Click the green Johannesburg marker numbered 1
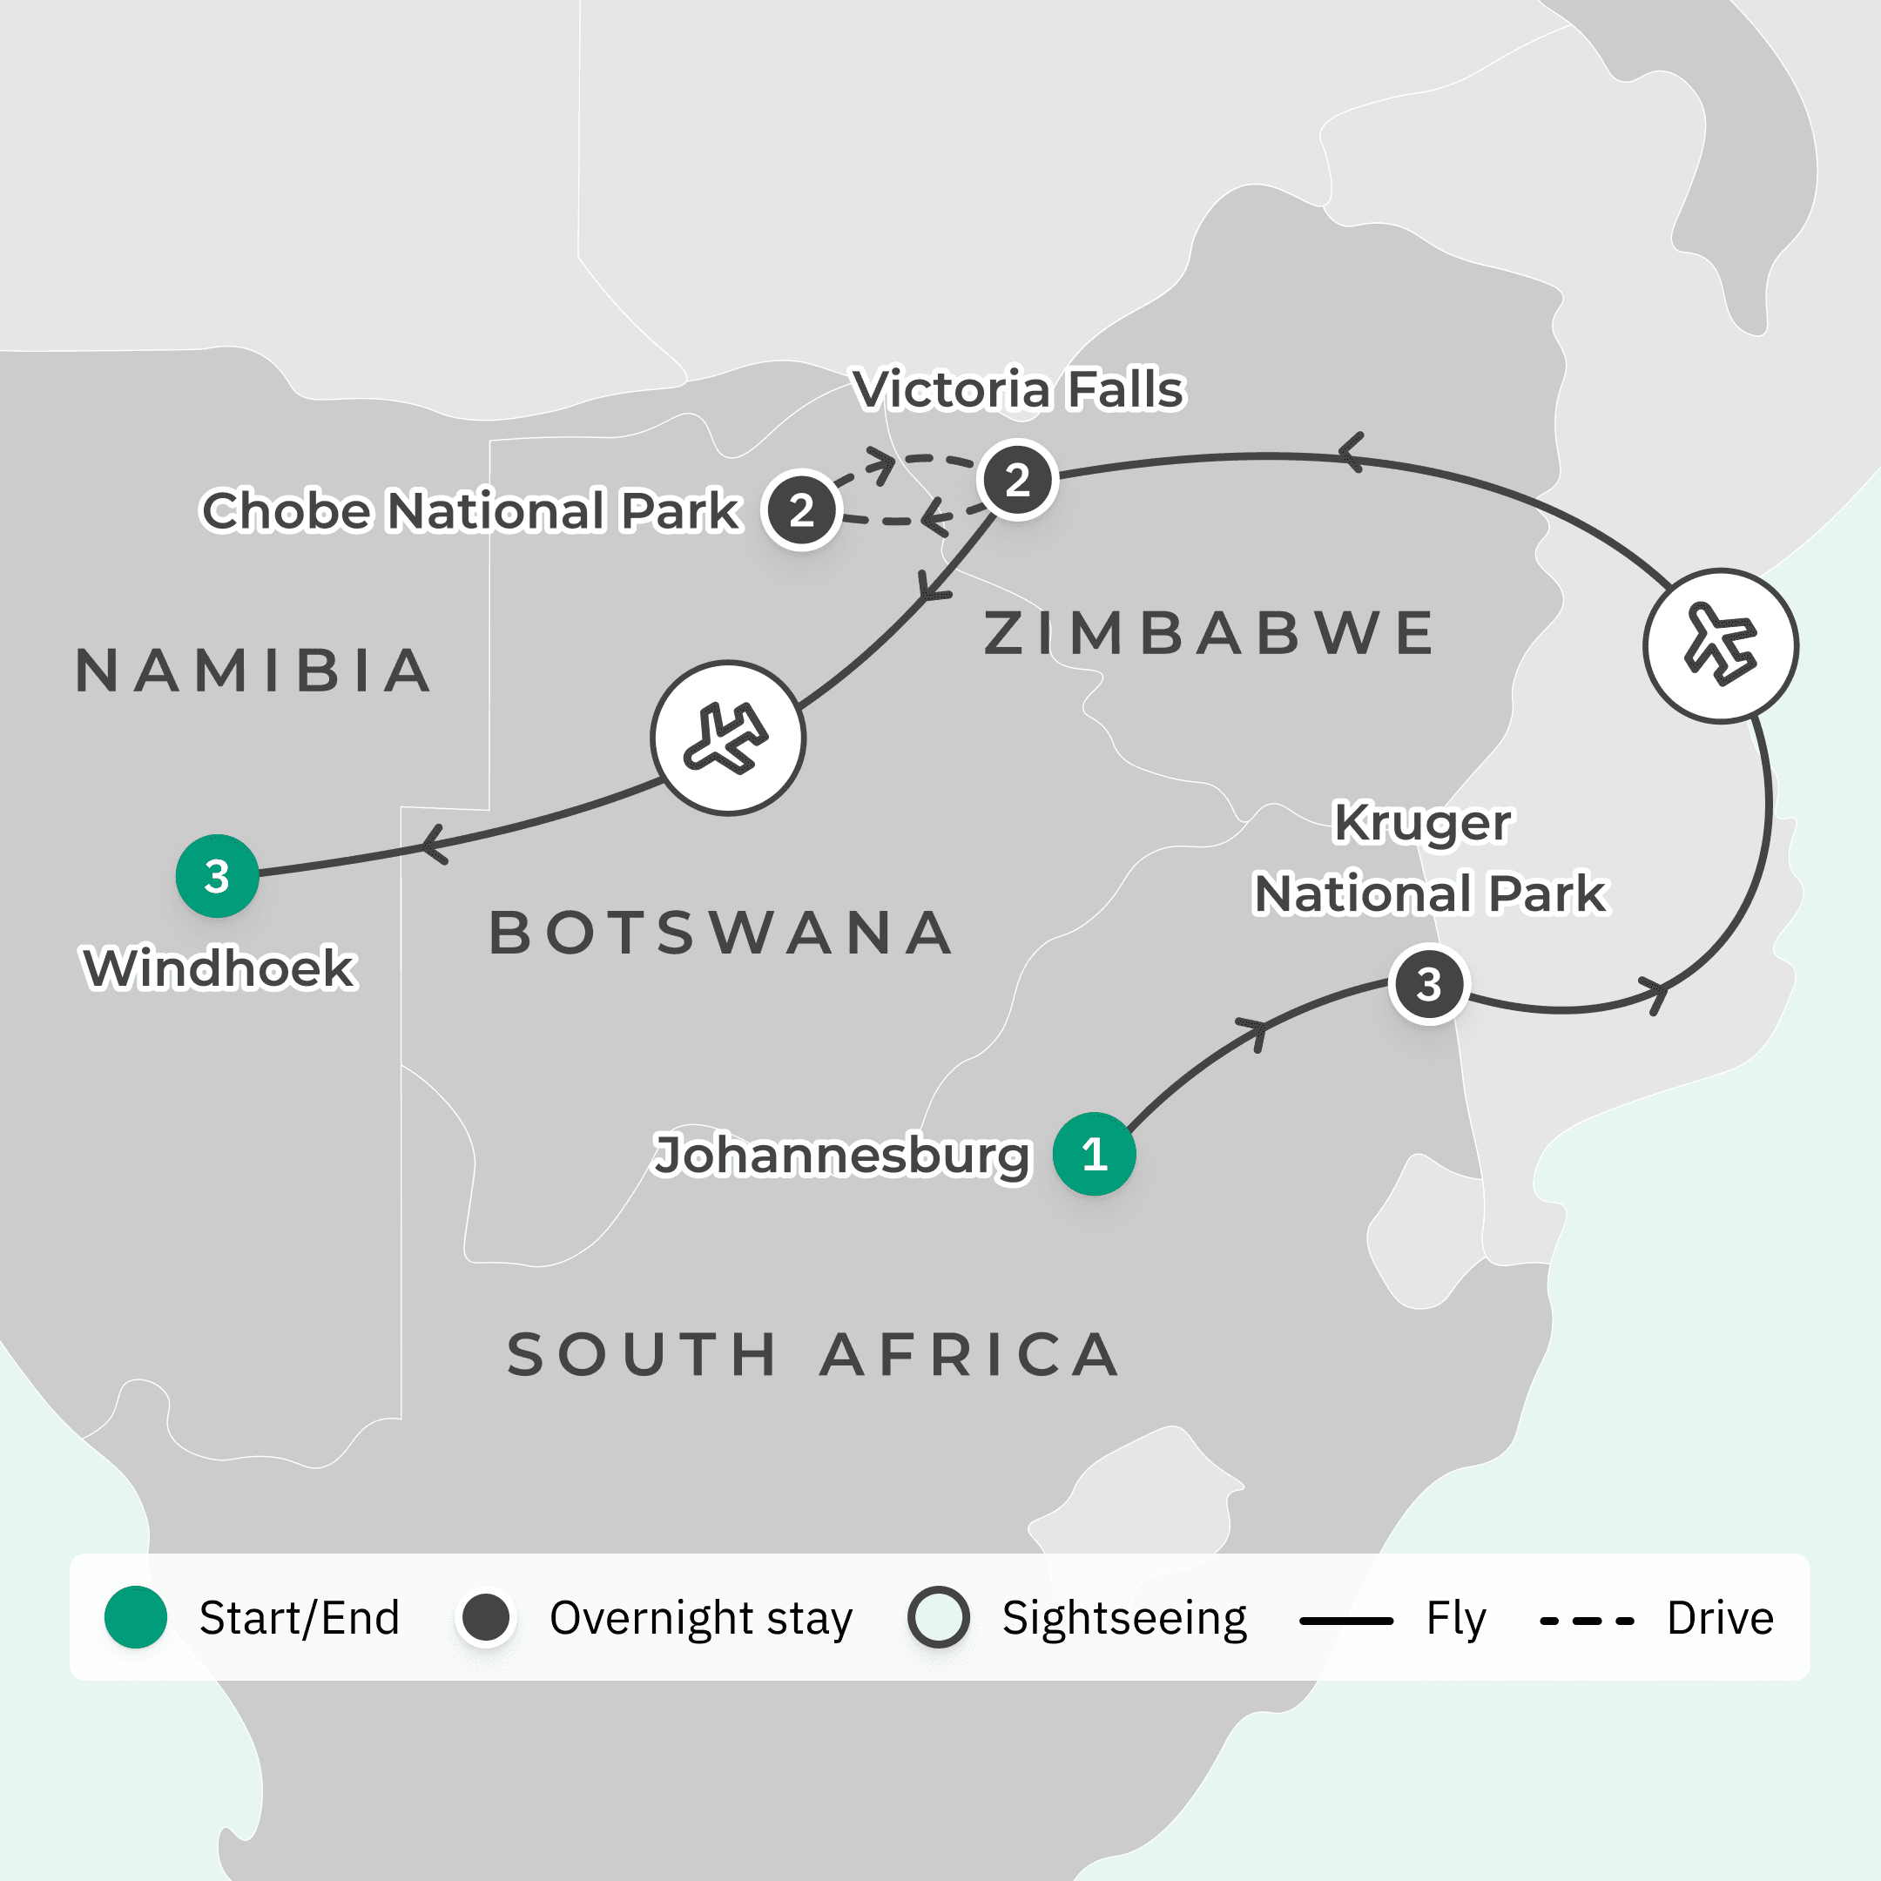pos(1095,1154)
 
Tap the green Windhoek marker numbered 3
pos(217,875)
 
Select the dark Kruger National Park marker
pos(1428,984)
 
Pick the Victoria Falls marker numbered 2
pos(1017,480)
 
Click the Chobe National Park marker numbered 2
pos(801,510)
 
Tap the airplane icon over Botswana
pos(728,738)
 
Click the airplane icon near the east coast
pos(1721,645)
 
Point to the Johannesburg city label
pos(841,1155)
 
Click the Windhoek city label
pos(220,967)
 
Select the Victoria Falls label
pos(1018,389)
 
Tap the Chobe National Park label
pos(470,510)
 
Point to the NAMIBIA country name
pos(254,671)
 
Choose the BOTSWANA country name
pos(721,933)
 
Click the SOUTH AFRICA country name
pos(813,1354)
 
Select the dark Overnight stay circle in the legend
pos(486,1617)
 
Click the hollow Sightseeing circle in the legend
pos(939,1617)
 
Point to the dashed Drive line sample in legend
pos(1586,1621)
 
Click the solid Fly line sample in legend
pos(1346,1621)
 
